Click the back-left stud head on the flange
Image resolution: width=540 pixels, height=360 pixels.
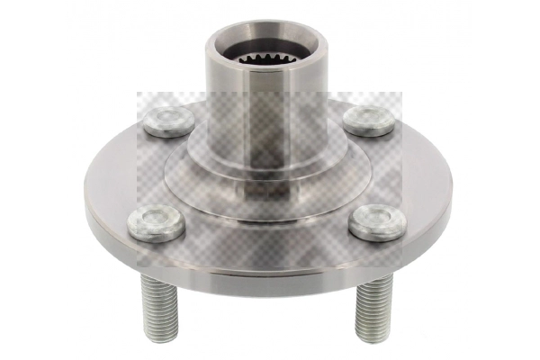click(168, 121)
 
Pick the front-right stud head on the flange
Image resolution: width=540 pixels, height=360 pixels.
click(375, 222)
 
